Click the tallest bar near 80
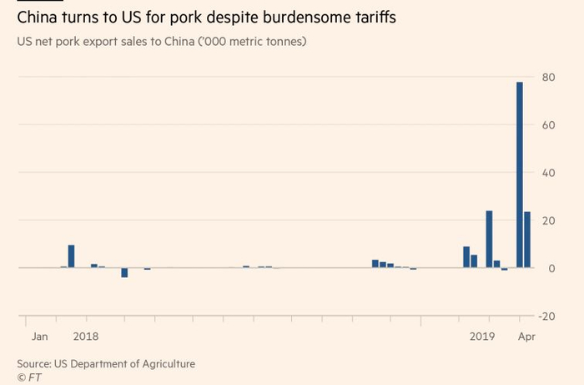pyautogui.click(x=520, y=175)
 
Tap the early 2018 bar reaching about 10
pyautogui.click(x=72, y=256)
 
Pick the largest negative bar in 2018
pyautogui.click(x=124, y=272)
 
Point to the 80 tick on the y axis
pyautogui.click(x=548, y=77)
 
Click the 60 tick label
pyautogui.click(x=548, y=124)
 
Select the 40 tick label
pyautogui.click(x=548, y=173)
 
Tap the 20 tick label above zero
pyautogui.click(x=548, y=220)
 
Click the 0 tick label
pyautogui.click(x=551, y=268)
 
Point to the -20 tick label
pyautogui.click(x=547, y=316)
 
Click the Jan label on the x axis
pyautogui.click(x=40, y=337)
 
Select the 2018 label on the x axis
pyautogui.click(x=86, y=337)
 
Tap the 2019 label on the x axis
pyautogui.click(x=482, y=337)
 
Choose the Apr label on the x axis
pyautogui.click(x=526, y=337)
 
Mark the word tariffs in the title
pyautogui.click(x=372, y=16)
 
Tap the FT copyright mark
pyautogui.click(x=29, y=377)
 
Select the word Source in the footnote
pyautogui.click(x=34, y=363)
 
